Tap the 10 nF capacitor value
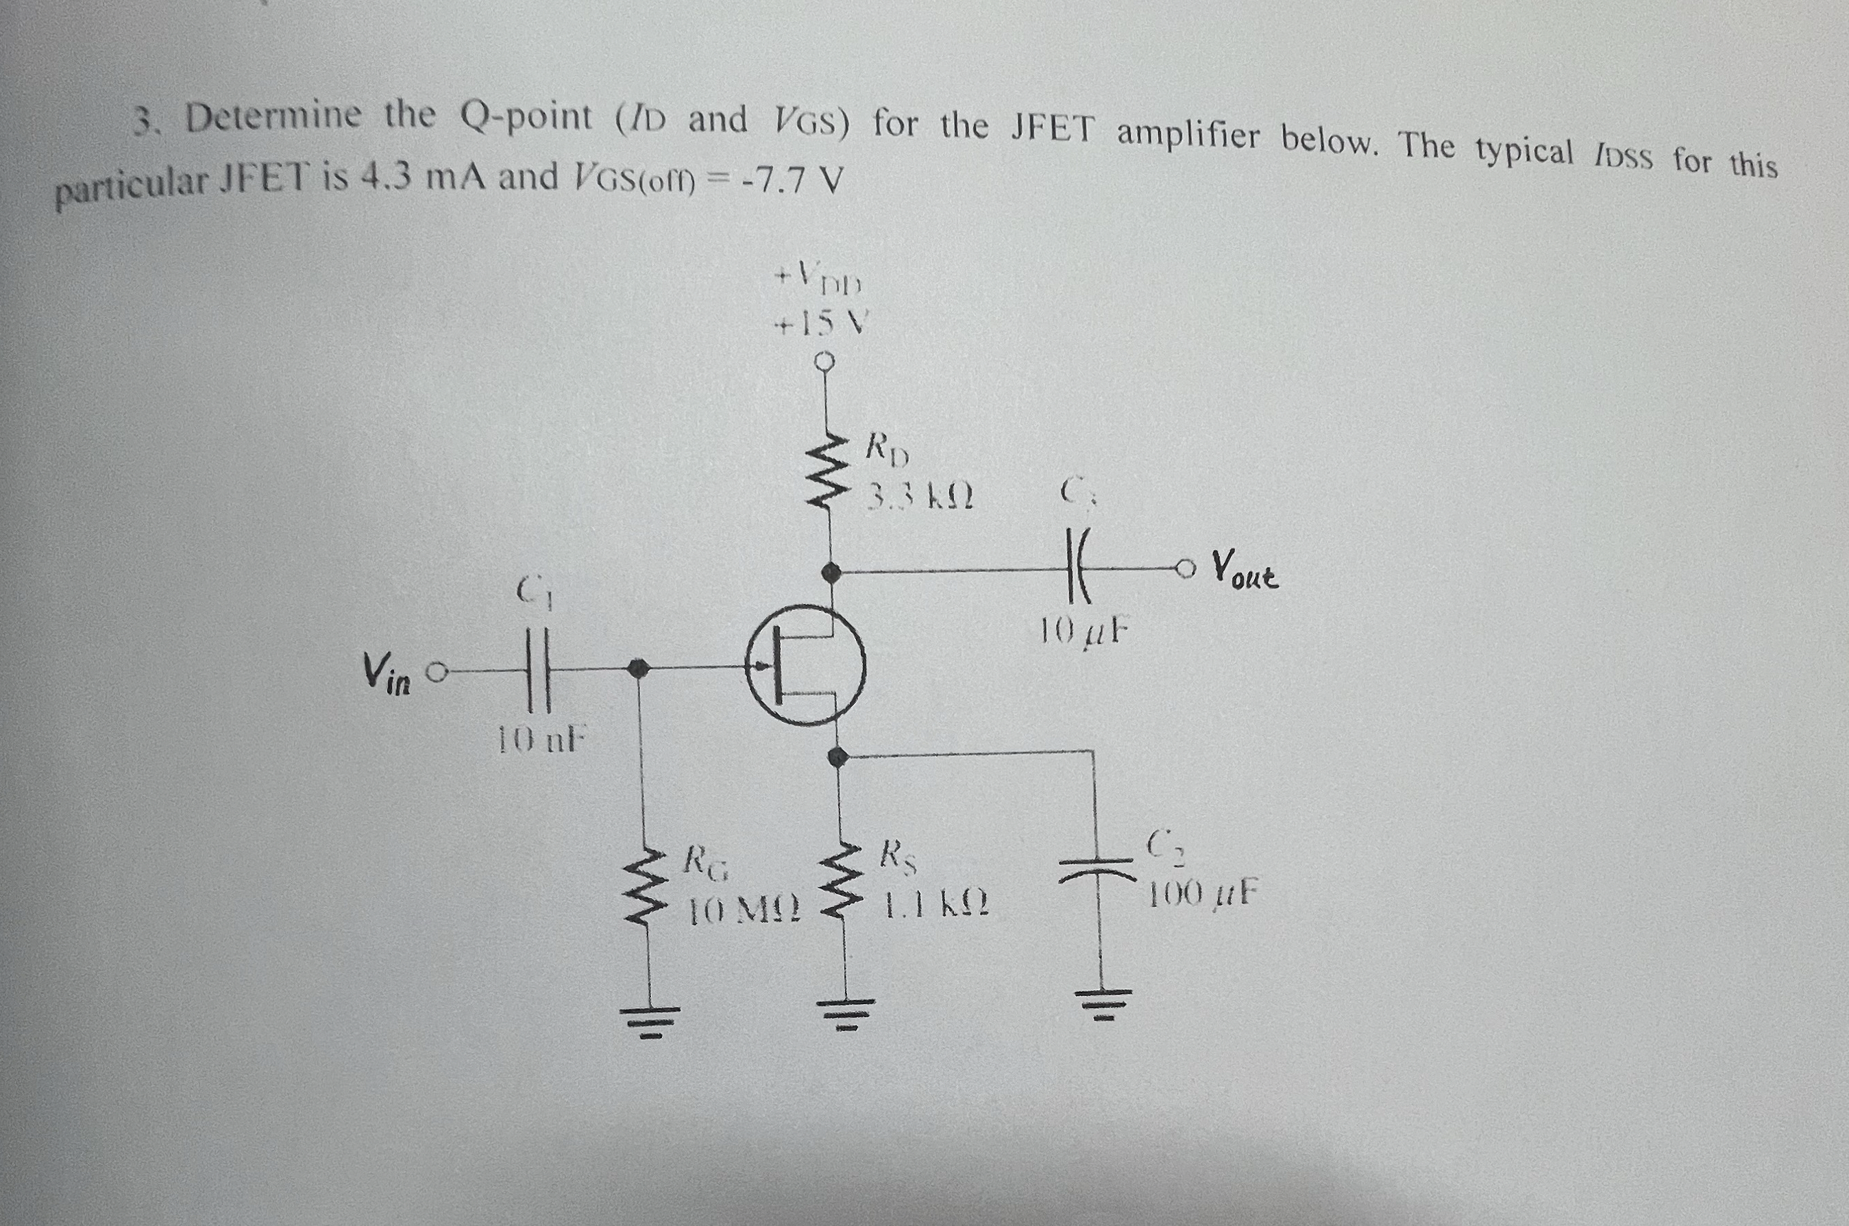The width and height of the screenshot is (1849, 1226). (x=542, y=740)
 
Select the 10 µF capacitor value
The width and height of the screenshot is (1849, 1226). (x=1086, y=630)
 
